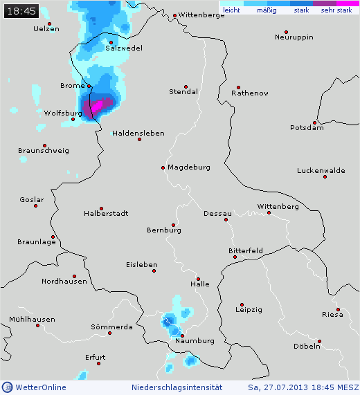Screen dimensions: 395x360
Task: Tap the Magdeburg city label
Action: [x=188, y=167]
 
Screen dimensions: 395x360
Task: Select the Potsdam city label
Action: [x=307, y=127]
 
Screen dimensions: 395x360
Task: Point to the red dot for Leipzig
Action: [x=242, y=304]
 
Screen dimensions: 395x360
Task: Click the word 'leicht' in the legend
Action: [x=231, y=10]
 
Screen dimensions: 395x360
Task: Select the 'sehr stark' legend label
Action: [x=336, y=10]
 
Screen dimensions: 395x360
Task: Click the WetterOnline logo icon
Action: [x=7, y=387]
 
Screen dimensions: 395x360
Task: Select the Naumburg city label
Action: [x=195, y=341]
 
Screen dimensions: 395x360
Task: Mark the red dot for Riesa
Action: [x=339, y=309]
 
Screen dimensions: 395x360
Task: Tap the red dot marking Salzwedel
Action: [x=111, y=42]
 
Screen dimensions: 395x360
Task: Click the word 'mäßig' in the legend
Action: [x=266, y=10]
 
